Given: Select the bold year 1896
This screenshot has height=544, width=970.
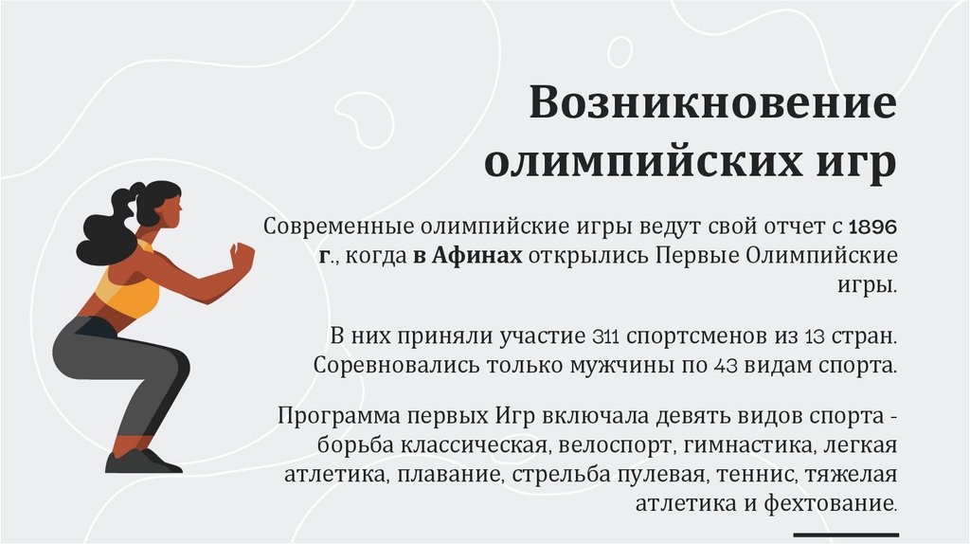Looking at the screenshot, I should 872,228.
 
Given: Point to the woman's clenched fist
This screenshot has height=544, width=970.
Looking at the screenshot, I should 242,256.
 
